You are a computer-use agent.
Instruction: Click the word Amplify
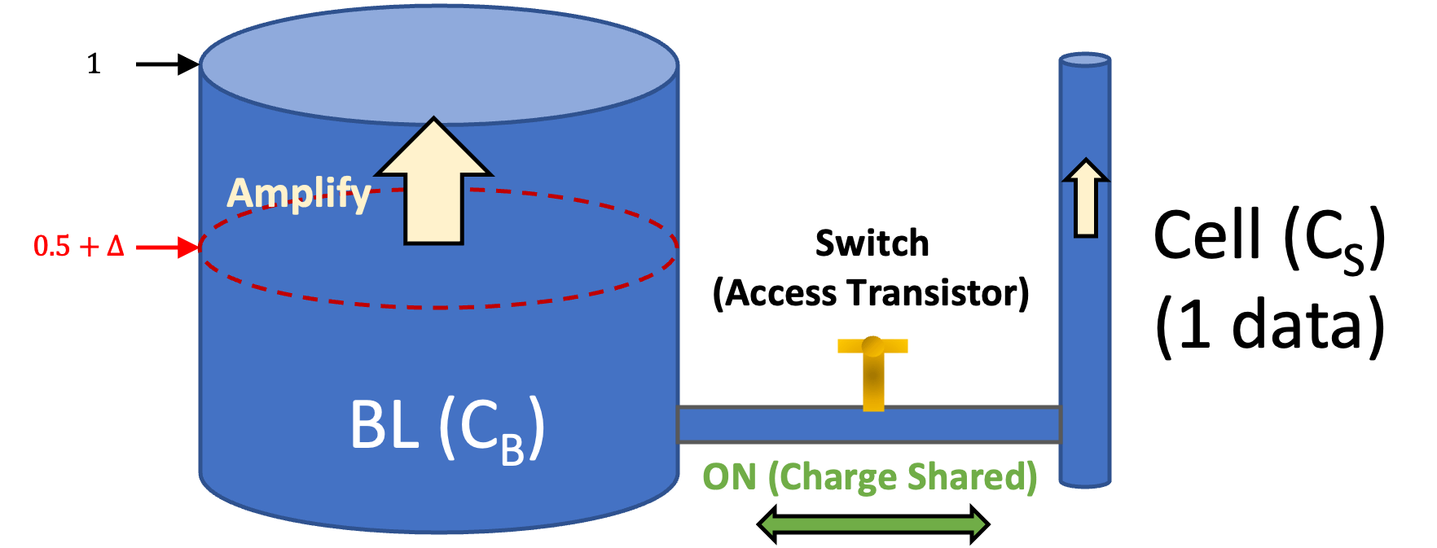coord(298,194)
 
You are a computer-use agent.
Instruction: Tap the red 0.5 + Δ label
coord(78,245)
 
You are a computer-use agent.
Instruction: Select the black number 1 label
coord(94,64)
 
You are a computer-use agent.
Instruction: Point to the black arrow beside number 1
coord(167,64)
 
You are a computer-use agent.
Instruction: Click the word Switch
coord(872,243)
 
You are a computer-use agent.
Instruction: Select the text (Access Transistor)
coord(871,293)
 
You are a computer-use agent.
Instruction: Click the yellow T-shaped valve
coord(872,370)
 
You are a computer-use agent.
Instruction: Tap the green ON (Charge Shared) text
coord(869,477)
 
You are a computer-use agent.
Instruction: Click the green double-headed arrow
coord(873,523)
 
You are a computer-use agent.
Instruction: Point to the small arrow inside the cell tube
coord(1085,198)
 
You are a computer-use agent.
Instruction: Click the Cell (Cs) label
coord(1269,239)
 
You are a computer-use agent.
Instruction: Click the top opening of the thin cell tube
coord(1085,59)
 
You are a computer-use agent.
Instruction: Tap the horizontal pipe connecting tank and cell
coord(868,424)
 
